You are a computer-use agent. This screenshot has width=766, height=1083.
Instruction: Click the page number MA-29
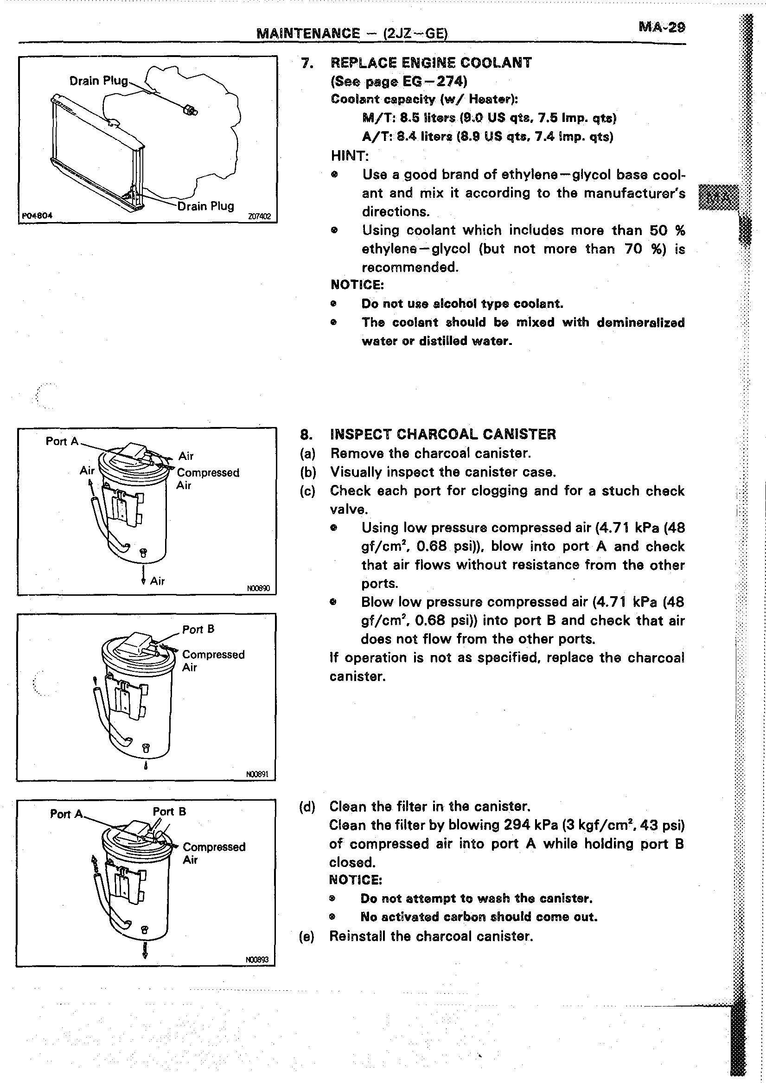[x=661, y=27]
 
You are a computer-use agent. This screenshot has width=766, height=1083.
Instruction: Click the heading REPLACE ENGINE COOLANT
[x=431, y=63]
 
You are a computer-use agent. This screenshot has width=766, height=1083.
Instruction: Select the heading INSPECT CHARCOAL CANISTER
[x=443, y=434]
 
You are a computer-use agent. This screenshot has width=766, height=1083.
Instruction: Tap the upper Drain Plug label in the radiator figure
[x=99, y=81]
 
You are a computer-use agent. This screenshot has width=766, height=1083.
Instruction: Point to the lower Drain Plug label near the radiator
[x=206, y=206]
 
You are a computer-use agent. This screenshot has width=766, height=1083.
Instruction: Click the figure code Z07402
[x=259, y=217]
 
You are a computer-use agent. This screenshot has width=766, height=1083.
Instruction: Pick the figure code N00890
[x=258, y=588]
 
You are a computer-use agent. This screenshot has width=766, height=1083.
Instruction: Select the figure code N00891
[x=257, y=774]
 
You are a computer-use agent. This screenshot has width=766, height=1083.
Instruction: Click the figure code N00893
[x=257, y=960]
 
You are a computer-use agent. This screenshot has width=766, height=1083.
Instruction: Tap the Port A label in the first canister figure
[x=62, y=441]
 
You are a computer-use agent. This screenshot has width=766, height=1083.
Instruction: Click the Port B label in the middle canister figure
[x=198, y=629]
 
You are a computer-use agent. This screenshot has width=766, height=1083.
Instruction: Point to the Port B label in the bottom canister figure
[x=169, y=811]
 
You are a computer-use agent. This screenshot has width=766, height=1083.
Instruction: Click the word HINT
[x=350, y=156]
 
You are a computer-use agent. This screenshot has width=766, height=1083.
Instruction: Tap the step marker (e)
[x=306, y=936]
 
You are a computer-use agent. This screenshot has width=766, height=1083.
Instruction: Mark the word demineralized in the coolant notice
[x=640, y=323]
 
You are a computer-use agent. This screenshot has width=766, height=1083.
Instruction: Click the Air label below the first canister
[x=157, y=581]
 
